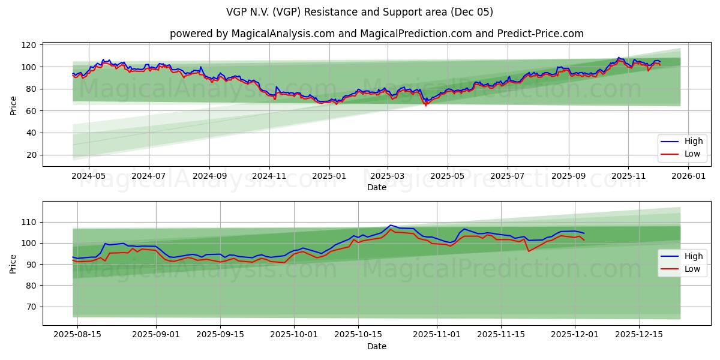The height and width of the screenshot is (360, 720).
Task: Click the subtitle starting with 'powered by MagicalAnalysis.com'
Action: (376, 34)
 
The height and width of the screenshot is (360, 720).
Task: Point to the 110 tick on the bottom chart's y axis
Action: (29, 222)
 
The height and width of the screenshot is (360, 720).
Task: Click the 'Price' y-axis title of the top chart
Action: (14, 106)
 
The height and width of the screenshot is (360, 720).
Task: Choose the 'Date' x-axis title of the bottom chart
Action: (376, 347)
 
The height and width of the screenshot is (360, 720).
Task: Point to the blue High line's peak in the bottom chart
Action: (390, 225)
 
